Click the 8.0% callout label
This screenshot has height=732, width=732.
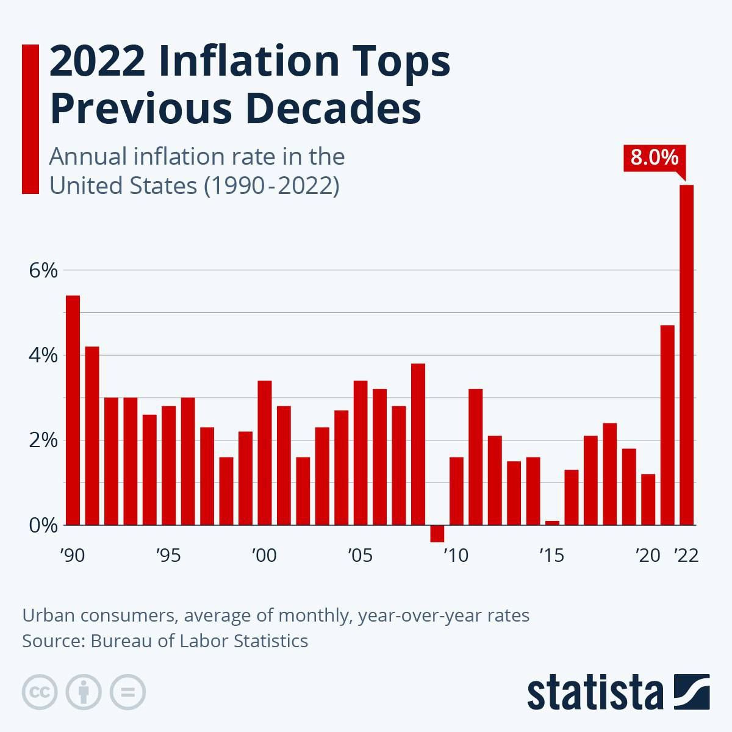[x=654, y=158]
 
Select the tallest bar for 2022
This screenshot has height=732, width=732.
[x=687, y=354]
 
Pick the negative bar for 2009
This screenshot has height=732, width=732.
[x=437, y=533]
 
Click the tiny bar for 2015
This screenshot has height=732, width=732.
[x=552, y=522]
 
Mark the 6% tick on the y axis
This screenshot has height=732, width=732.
[x=43, y=270]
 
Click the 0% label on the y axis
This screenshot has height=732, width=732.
[x=43, y=525]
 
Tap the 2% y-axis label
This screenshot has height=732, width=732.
[x=43, y=440]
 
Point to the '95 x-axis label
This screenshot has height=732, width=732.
[x=168, y=556]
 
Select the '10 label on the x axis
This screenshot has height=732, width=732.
[x=456, y=556]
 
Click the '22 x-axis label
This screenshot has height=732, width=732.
[x=686, y=556]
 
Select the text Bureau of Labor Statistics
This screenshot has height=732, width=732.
[x=199, y=641]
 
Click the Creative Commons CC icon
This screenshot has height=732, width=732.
[x=40, y=692]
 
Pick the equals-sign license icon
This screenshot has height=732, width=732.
[x=127, y=692]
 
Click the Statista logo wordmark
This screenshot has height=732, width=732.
[x=595, y=693]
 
